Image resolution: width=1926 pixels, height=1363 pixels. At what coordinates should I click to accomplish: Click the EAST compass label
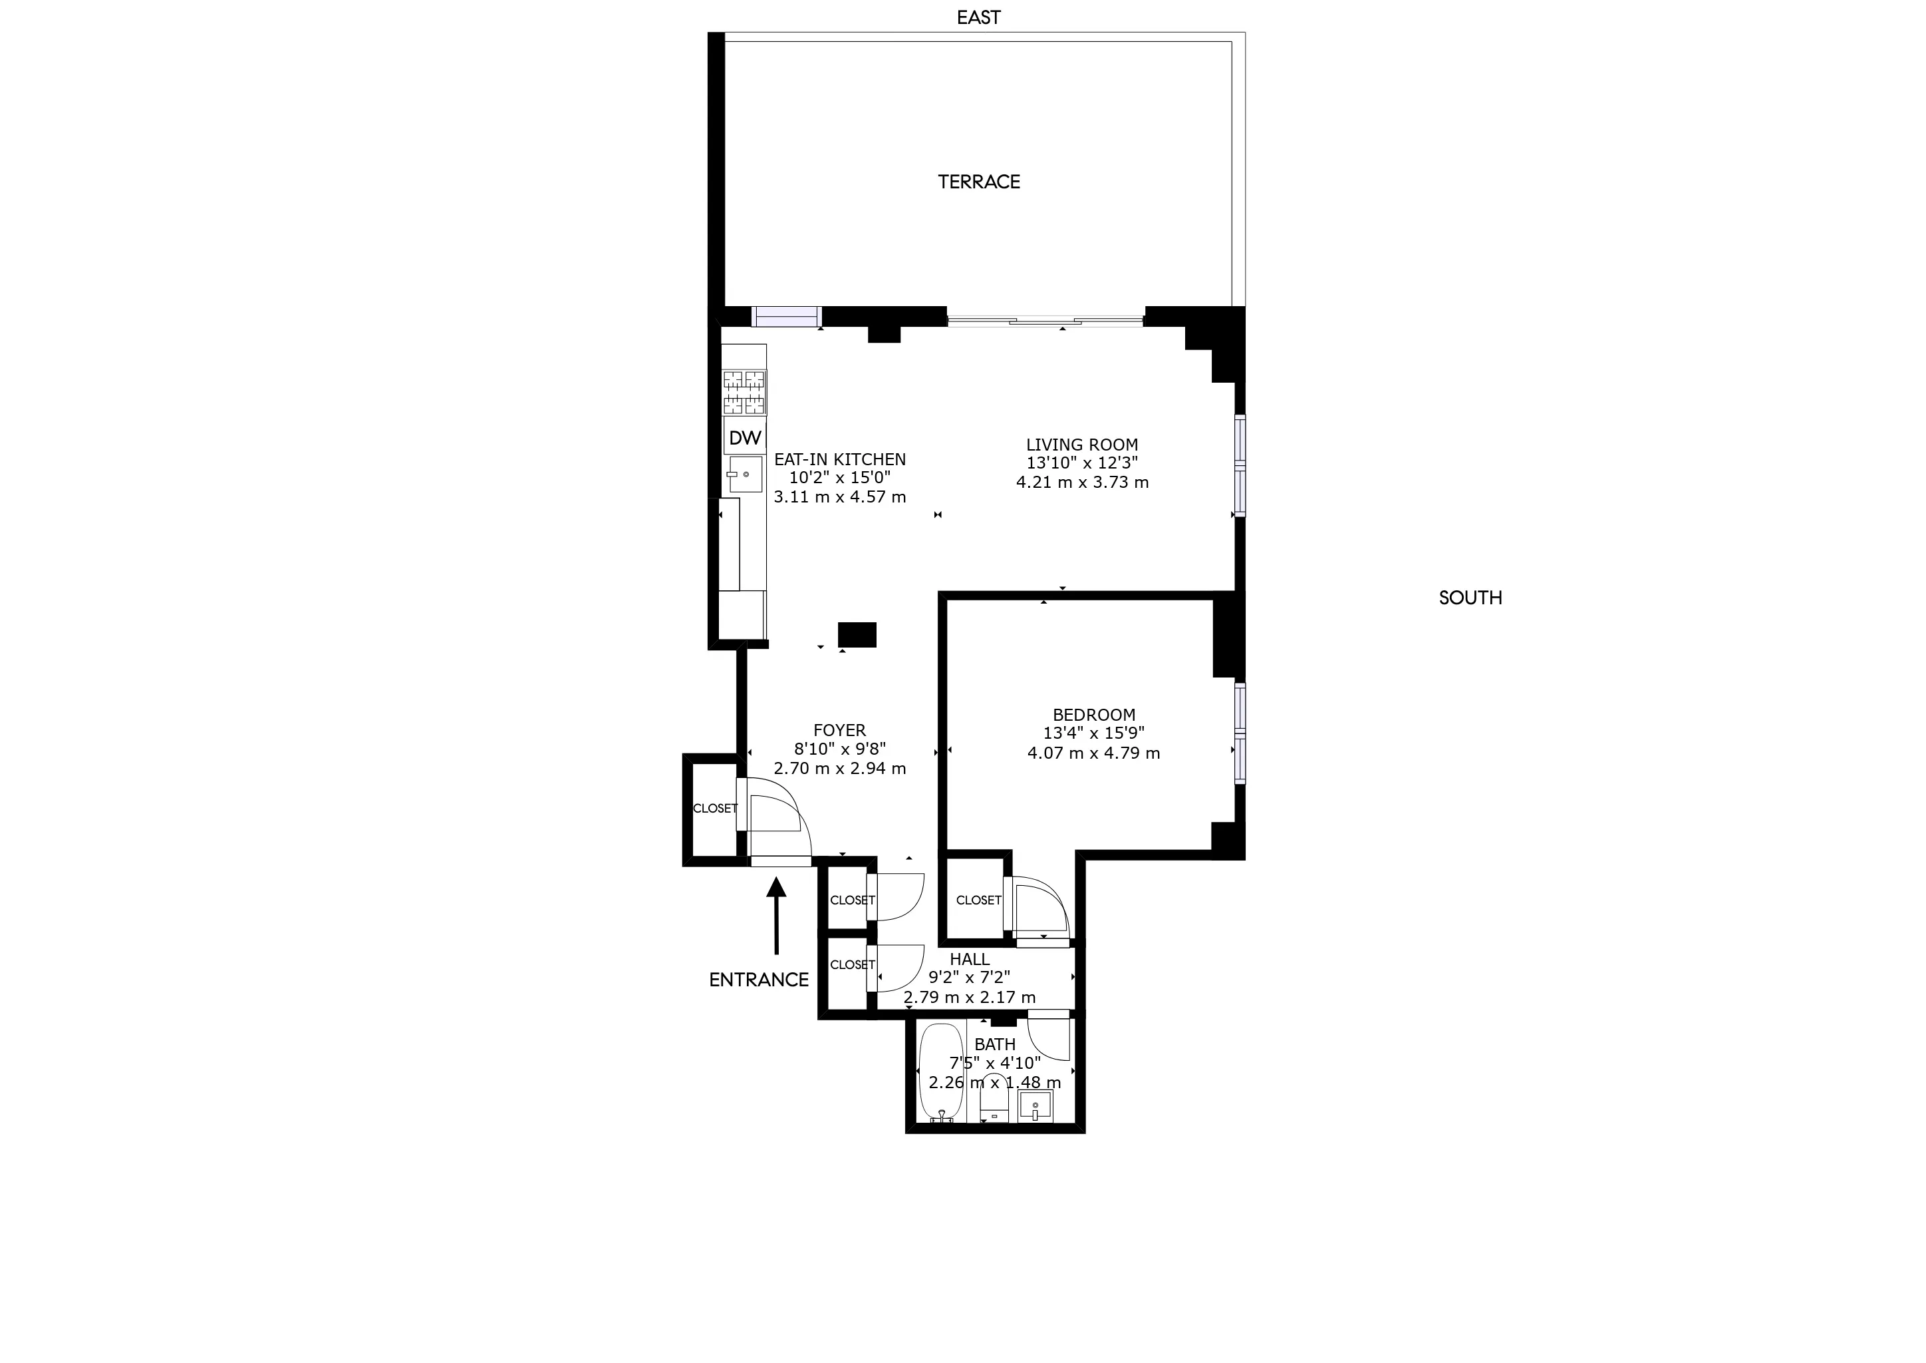[978, 17]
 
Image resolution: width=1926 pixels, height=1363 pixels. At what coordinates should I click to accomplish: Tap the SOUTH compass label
[1470, 598]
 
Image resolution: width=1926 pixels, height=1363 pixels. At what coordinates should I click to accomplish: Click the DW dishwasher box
[745, 437]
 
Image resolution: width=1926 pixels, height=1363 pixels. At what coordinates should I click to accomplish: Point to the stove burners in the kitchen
[744, 392]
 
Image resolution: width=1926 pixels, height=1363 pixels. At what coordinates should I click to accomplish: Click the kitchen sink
[745, 475]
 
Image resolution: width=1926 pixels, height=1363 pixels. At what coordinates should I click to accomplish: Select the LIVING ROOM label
[1082, 445]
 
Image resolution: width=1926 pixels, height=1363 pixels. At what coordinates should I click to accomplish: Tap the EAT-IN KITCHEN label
[840, 460]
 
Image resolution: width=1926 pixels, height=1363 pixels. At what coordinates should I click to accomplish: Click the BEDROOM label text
[1094, 715]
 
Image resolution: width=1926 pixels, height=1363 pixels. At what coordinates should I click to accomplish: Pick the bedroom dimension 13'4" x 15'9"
[1094, 733]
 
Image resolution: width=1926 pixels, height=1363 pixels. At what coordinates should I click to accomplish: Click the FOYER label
[840, 731]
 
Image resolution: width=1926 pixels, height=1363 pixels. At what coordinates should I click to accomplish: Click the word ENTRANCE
[758, 980]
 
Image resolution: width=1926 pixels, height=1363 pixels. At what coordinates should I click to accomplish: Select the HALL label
[970, 959]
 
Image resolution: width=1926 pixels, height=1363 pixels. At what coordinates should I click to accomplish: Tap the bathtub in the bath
[943, 1071]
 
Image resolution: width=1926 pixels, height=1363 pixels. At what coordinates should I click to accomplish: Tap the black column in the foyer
[857, 634]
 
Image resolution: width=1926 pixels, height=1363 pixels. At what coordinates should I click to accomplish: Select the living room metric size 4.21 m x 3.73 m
[1082, 483]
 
